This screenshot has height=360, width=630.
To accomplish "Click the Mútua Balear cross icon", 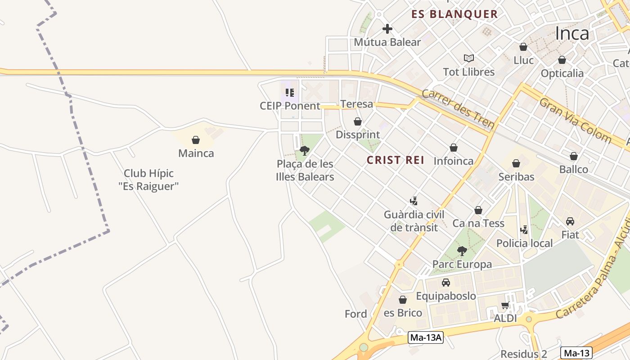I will point(387,29).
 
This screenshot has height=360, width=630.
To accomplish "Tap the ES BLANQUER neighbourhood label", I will point(454,14).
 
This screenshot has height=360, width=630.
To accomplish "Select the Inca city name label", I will point(571,33).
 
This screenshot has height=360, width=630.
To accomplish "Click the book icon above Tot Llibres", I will point(469,58).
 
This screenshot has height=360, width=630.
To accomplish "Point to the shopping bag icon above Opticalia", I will point(562,60).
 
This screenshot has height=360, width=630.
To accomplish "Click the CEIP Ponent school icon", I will point(290,93).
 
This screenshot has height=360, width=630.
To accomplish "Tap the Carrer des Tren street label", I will point(458,109).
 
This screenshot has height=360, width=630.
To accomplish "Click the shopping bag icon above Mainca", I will point(196,140).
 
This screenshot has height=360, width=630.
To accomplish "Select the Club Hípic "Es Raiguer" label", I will point(148,180).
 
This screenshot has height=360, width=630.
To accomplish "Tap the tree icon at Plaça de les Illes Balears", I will point(305,150).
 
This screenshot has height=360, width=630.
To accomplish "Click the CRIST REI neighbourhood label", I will point(396,160).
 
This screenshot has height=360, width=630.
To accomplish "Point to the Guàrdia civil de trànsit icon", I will point(414,201).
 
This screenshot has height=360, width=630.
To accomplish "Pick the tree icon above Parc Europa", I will point(462,251).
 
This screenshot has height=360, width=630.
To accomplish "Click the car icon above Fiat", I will point(570,221).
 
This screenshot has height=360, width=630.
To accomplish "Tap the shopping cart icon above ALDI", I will point(505,306).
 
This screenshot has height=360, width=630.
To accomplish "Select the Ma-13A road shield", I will point(426,337).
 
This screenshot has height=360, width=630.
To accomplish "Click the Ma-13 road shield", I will point(576,353).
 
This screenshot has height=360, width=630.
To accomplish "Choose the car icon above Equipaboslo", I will point(445,283).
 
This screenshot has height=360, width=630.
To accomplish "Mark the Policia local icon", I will point(524,230).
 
